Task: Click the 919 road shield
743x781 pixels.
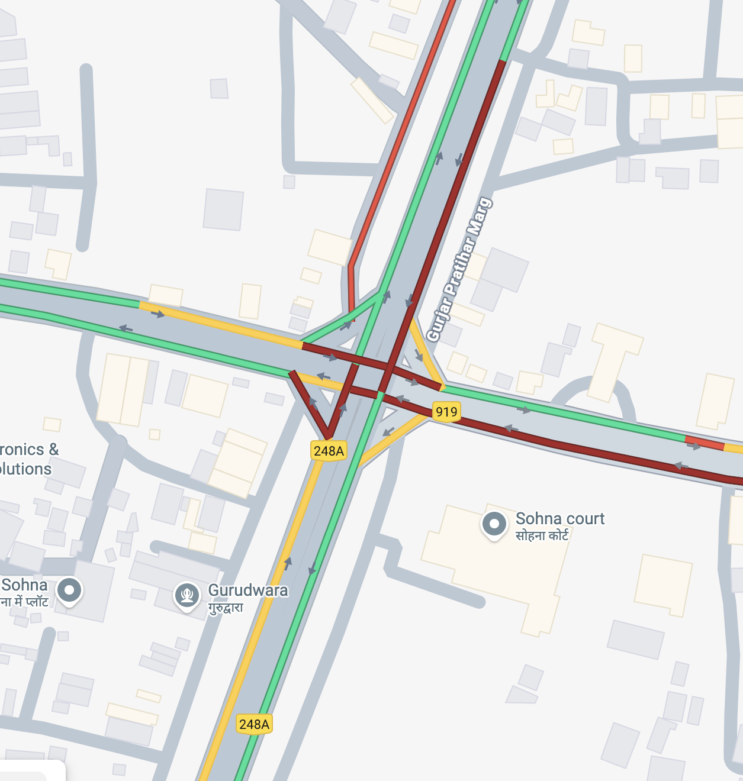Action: click(x=446, y=411)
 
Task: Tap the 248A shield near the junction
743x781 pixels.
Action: click(x=329, y=451)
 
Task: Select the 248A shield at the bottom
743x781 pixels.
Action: click(x=254, y=724)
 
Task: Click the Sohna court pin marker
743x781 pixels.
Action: click(x=494, y=524)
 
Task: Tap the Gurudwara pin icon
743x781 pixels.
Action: click(x=187, y=594)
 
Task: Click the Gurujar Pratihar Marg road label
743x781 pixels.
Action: click(x=459, y=270)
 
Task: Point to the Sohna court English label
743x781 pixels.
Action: click(x=560, y=519)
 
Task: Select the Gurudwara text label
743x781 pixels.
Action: click(x=248, y=590)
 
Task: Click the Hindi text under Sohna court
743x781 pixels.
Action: click(x=542, y=536)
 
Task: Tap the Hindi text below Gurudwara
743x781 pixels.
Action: click(x=226, y=608)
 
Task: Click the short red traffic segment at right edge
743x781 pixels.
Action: click(x=704, y=443)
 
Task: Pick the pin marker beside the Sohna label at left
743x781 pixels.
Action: click(x=70, y=590)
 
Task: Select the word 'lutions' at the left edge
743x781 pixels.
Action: click(x=26, y=469)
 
